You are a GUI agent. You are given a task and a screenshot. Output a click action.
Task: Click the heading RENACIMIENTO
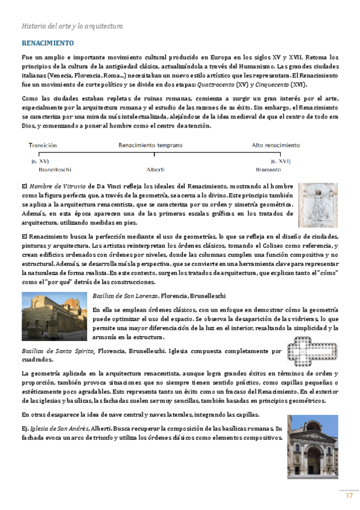47,43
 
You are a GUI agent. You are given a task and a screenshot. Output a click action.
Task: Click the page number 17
349,496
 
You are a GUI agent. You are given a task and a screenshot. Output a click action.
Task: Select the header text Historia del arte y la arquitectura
72,26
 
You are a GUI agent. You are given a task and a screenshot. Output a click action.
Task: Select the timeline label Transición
42,145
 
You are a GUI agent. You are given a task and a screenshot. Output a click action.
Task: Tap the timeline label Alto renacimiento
275,145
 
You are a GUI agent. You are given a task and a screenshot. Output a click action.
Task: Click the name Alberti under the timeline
156,170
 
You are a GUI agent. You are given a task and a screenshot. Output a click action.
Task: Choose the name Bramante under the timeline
268,170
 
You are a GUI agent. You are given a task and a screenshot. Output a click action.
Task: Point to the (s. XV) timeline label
40,161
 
